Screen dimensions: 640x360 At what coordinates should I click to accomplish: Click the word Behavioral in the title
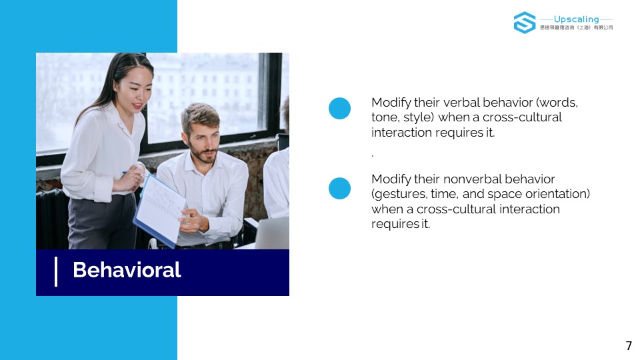point(127,270)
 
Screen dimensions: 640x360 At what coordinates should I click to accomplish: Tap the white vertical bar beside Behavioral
point(56,271)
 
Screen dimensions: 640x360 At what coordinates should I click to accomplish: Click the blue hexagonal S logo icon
point(525,23)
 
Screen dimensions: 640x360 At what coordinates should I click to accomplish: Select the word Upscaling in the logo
point(576,19)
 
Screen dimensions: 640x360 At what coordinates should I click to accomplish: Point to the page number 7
point(629,346)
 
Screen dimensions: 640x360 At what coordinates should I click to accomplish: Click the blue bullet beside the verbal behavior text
point(339,109)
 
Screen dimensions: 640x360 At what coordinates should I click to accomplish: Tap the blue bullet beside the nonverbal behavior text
point(339,188)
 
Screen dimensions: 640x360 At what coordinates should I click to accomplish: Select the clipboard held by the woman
point(159,210)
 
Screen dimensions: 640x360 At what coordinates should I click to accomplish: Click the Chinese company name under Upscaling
point(576,28)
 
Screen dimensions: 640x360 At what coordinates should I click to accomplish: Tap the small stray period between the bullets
point(373,155)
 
